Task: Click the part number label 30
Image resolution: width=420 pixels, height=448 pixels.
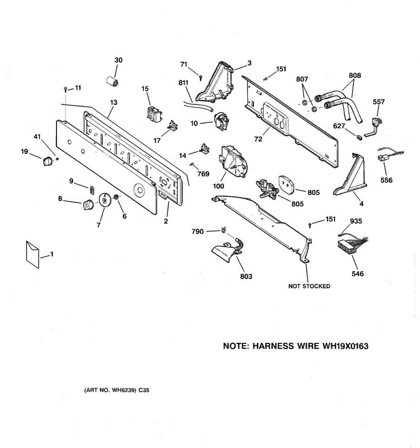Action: tap(118, 60)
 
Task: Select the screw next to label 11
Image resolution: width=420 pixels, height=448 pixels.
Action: tap(65, 89)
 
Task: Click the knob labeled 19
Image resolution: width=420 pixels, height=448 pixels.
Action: tap(47, 161)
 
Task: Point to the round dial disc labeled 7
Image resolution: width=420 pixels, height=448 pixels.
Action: tap(105, 200)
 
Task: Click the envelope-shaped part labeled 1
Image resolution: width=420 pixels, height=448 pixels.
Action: tap(32, 255)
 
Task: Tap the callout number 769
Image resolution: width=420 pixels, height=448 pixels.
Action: tap(203, 174)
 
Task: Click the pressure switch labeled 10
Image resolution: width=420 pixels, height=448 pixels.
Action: tap(221, 121)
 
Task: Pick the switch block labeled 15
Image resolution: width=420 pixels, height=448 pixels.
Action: tap(154, 114)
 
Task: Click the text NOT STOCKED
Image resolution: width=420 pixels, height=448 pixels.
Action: tap(309, 286)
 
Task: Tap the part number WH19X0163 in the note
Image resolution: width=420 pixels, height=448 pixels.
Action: tap(345, 346)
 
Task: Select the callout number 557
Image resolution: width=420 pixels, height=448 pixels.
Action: tap(379, 102)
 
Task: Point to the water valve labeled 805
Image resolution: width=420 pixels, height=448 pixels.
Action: tap(267, 189)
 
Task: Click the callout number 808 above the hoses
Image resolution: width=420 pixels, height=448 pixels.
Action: tap(355, 75)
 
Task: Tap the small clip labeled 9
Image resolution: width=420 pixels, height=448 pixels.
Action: tap(91, 190)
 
